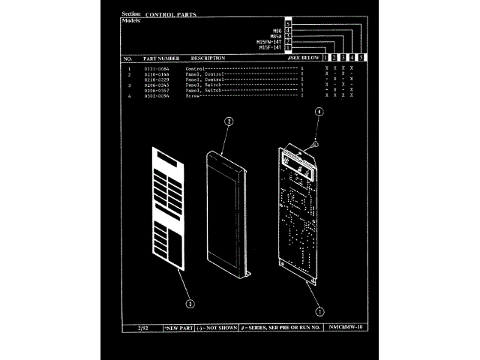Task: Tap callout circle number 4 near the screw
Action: pyautogui.click(x=319, y=111)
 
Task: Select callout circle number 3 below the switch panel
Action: pyautogui.click(x=190, y=304)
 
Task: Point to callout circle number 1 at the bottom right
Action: pyautogui.click(x=320, y=310)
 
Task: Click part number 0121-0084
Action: pyautogui.click(x=157, y=69)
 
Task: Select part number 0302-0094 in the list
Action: pyautogui.click(x=157, y=96)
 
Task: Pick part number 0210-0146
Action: pyautogui.click(x=157, y=74)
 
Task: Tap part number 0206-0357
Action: pyautogui.click(x=157, y=91)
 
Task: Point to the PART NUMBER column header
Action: pyautogui.click(x=161, y=58)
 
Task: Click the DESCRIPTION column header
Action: pyautogui.click(x=208, y=58)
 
